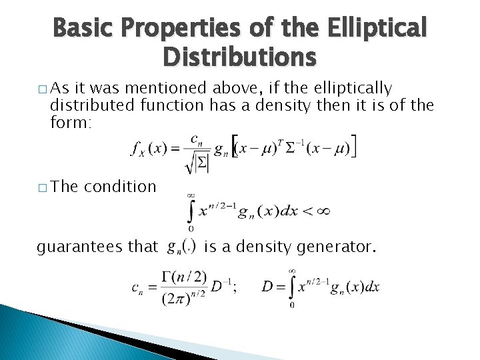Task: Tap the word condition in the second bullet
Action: click(x=120, y=186)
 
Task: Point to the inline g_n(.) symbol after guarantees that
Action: click(x=181, y=247)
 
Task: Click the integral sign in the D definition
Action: click(x=293, y=287)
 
